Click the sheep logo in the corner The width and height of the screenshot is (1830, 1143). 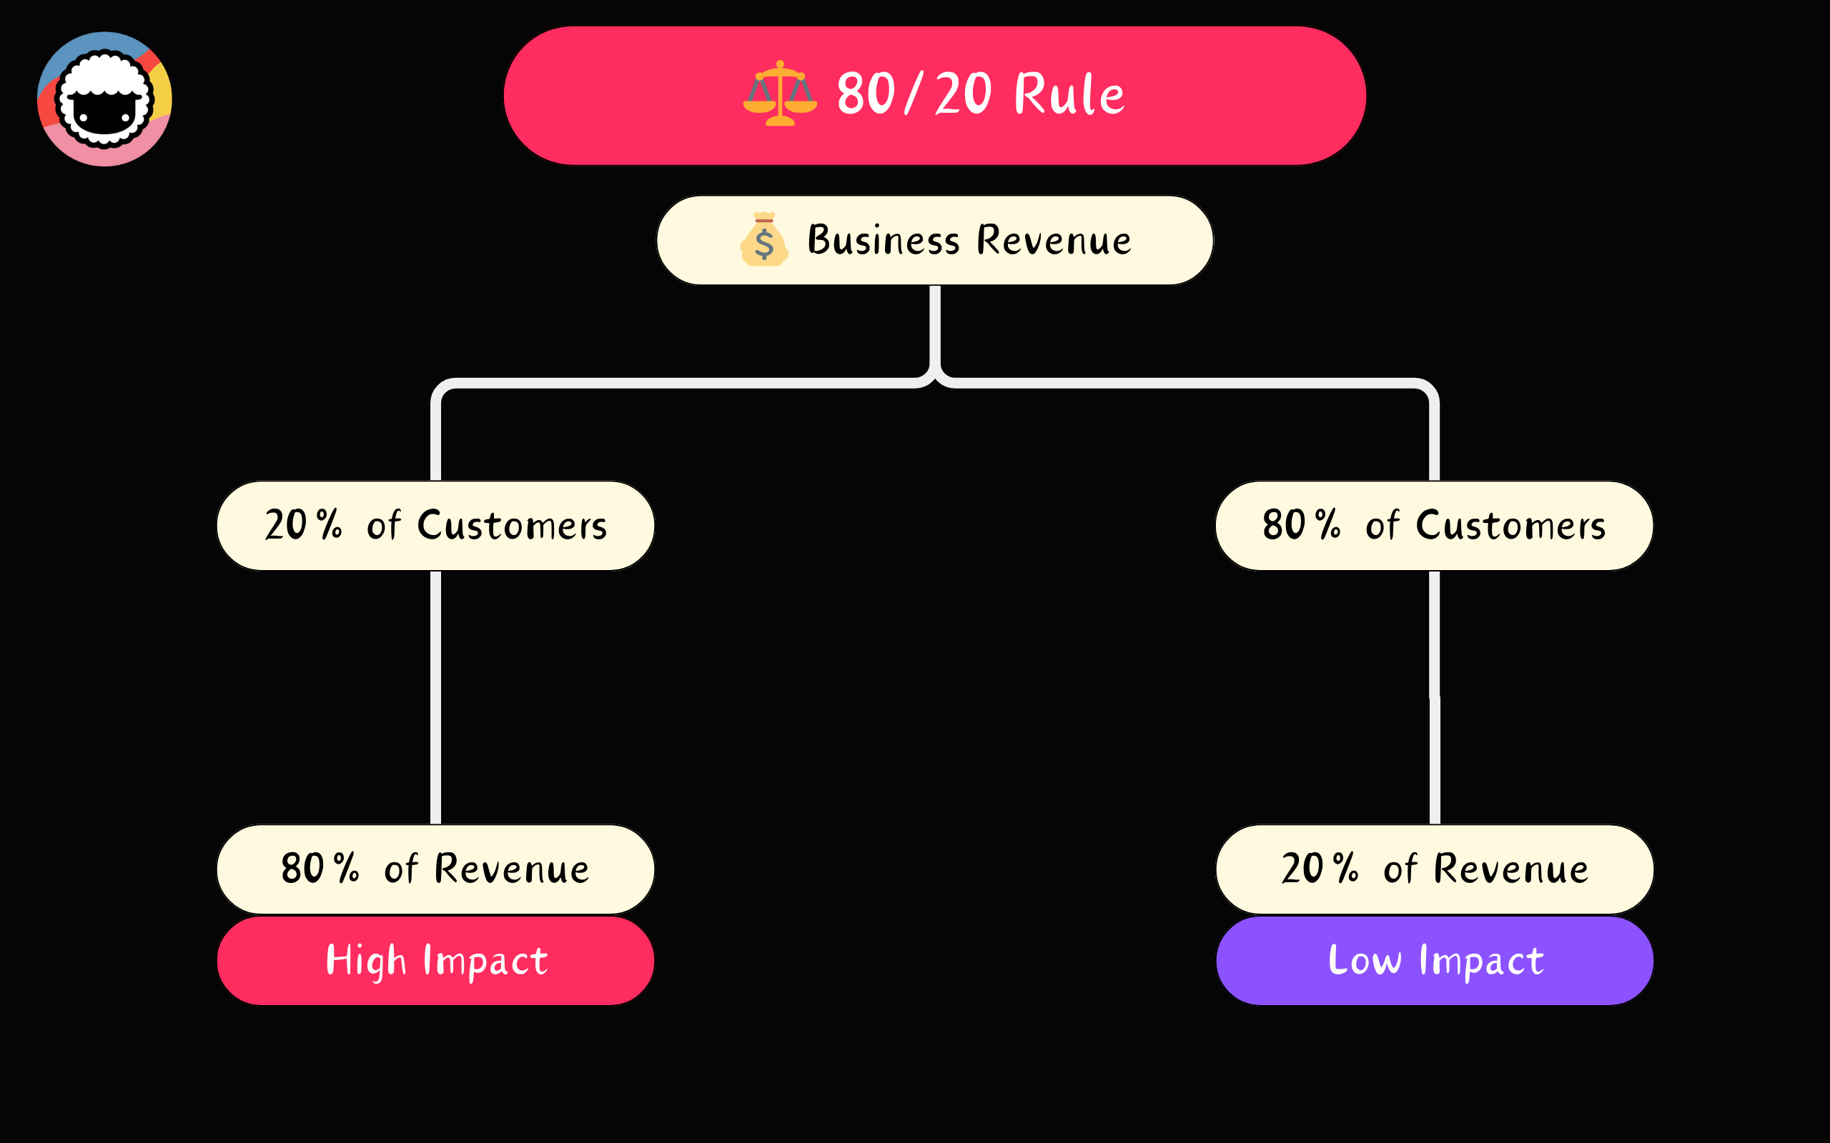pos(104,99)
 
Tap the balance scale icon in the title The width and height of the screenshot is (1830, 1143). pos(780,94)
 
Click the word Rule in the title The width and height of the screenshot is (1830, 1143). pos(1068,94)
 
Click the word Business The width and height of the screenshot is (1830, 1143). pos(884,241)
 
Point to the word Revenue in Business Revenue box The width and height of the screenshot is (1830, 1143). pos(1054,241)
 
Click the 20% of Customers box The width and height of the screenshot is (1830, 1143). pos(435,525)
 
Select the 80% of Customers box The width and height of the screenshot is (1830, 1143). pos(1434,525)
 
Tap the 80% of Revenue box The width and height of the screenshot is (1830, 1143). pos(435,869)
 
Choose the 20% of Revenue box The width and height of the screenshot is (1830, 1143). pos(1435,869)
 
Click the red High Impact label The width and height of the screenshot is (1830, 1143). pos(435,960)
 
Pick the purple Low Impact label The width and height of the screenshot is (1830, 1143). pos(1435,960)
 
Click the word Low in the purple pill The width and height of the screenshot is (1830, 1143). pos(1364,960)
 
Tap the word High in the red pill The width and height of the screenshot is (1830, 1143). pos(366,960)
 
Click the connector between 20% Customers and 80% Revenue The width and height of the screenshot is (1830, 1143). pos(435,696)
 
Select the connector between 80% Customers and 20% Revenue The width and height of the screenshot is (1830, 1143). pos(1435,696)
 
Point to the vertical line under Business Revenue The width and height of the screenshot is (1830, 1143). pos(935,329)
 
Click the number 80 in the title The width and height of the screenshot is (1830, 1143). pos(865,94)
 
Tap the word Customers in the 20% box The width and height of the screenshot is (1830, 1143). pos(512,525)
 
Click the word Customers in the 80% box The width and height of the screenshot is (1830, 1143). pos(1510,525)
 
